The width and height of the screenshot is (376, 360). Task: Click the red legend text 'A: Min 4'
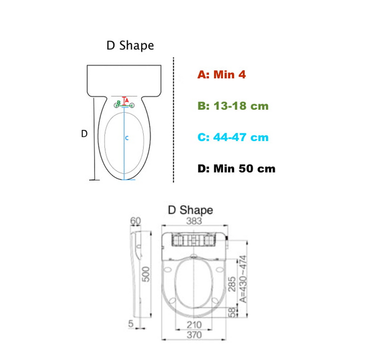point(221,75)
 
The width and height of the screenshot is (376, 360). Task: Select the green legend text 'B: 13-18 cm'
point(233,106)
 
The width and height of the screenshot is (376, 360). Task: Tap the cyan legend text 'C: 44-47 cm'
point(233,137)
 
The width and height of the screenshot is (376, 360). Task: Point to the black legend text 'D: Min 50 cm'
point(236,169)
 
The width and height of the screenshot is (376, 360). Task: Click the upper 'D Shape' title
point(130,46)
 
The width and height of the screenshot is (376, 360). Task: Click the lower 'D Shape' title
point(191,210)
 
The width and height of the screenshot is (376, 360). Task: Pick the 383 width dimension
point(194,221)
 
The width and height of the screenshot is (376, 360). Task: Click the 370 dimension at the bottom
point(194,335)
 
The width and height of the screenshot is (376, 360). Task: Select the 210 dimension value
point(194,325)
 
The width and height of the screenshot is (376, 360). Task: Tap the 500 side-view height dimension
point(145,274)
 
